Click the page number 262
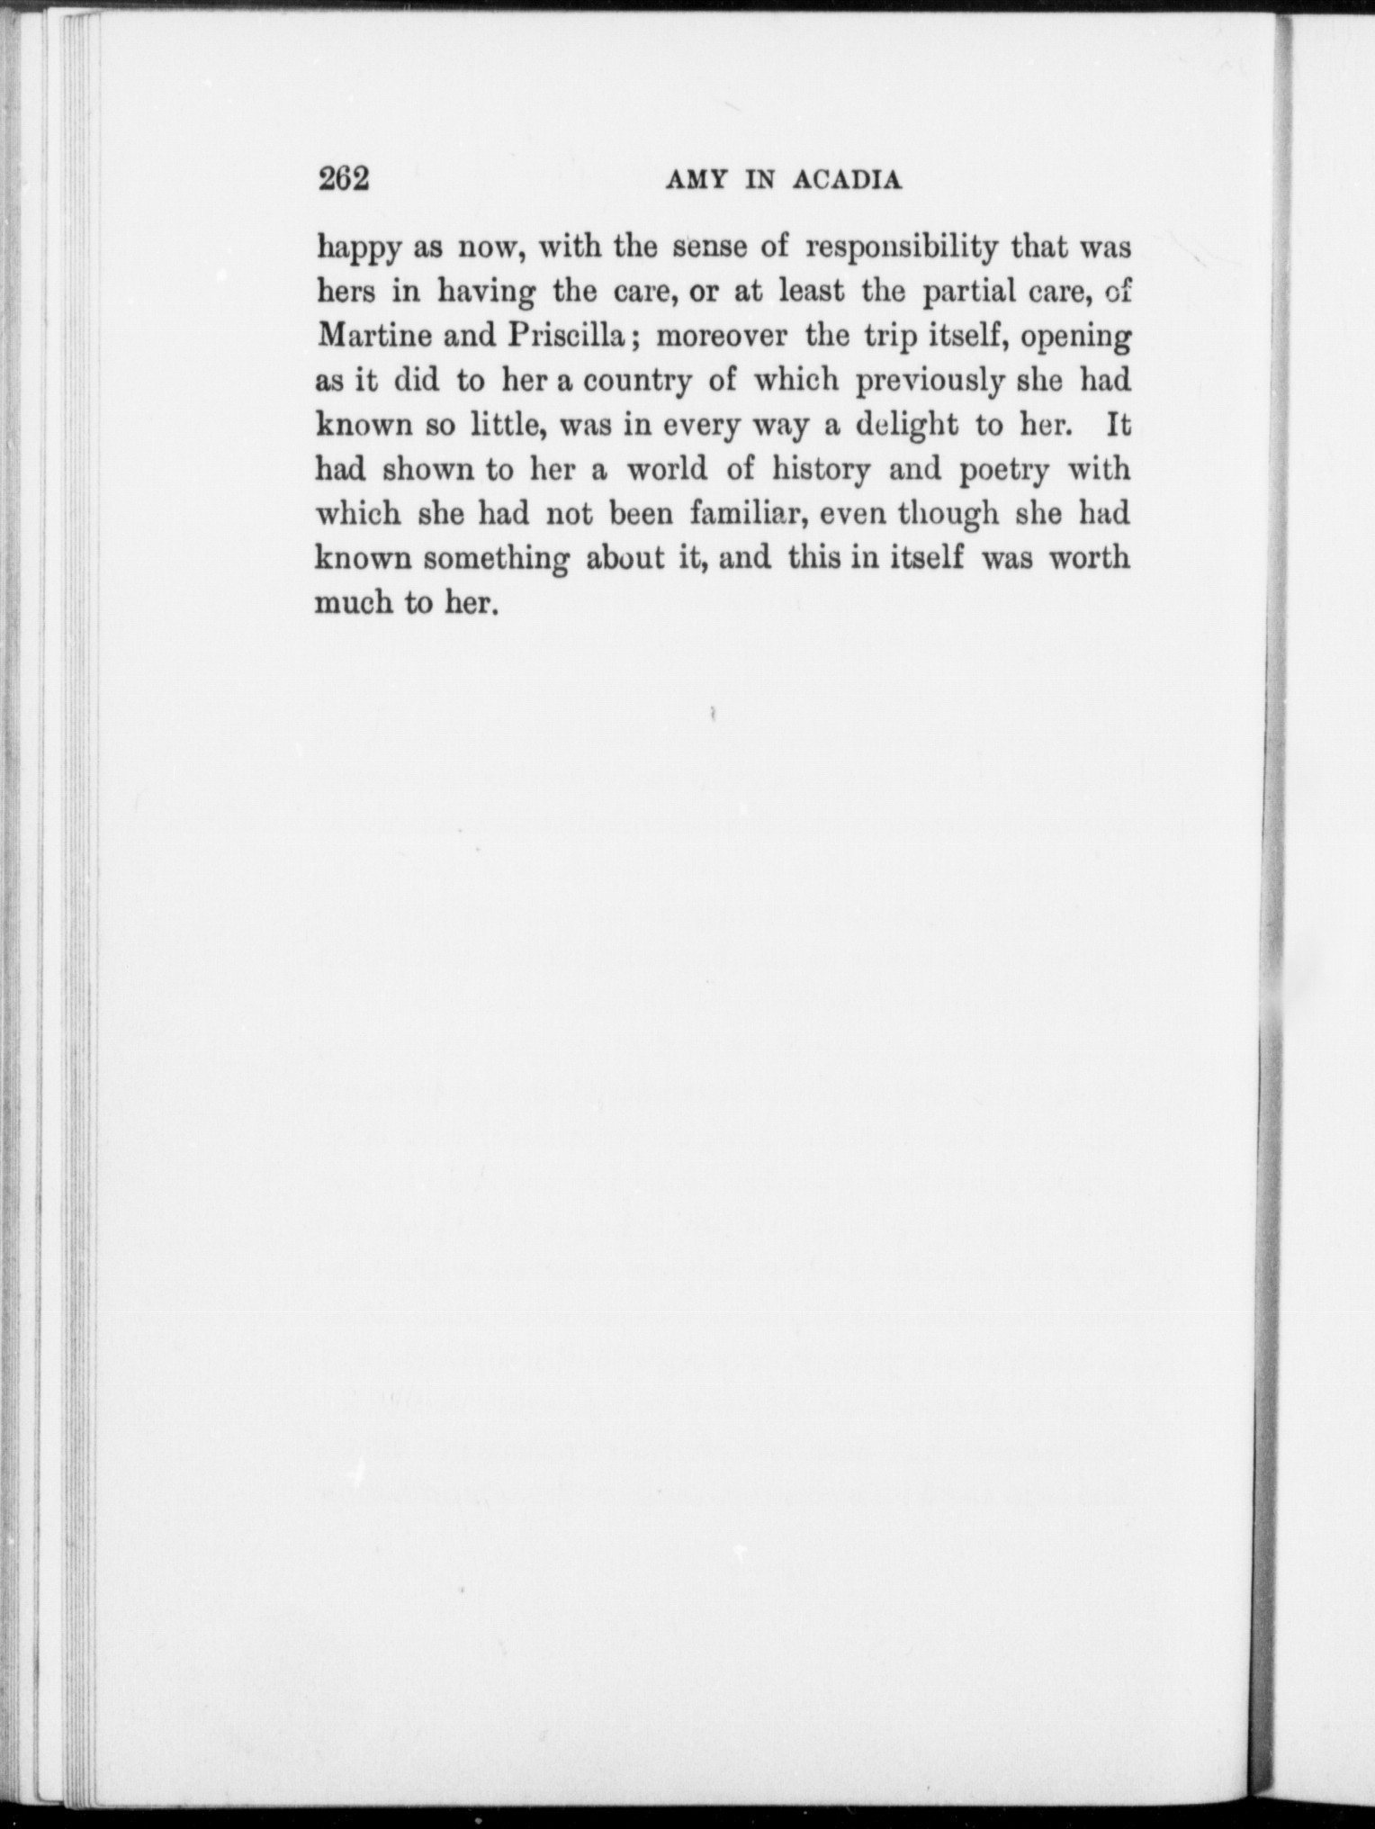click(x=345, y=179)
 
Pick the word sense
click(x=712, y=247)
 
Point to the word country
click(x=637, y=382)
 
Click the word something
click(x=496, y=559)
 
